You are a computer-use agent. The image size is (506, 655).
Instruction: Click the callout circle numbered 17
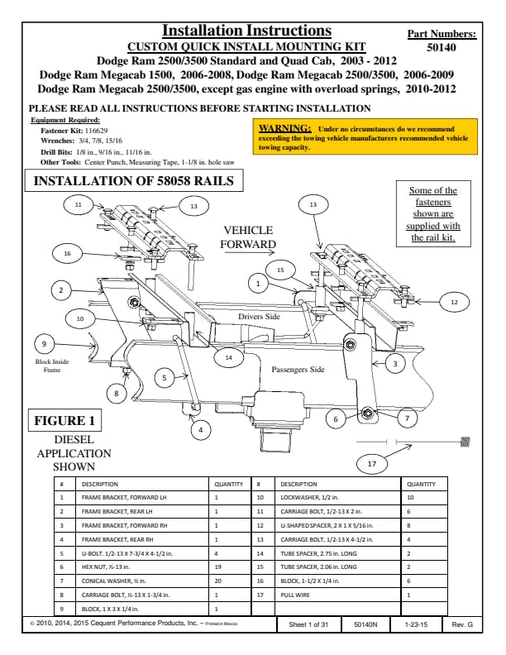[372, 464]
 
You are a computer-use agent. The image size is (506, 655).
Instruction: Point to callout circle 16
[66, 253]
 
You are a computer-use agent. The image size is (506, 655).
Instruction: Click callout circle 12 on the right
[454, 303]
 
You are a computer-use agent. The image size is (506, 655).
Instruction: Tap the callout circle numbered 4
[198, 430]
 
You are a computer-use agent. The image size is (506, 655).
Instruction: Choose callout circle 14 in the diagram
[228, 357]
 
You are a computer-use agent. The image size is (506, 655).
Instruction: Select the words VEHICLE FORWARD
[248, 237]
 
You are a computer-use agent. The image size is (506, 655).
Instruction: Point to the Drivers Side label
[259, 317]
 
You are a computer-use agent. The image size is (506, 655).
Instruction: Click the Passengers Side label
[298, 370]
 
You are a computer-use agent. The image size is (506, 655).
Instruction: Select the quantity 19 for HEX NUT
[217, 567]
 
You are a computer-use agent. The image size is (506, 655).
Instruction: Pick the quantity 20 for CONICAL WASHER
[217, 580]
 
